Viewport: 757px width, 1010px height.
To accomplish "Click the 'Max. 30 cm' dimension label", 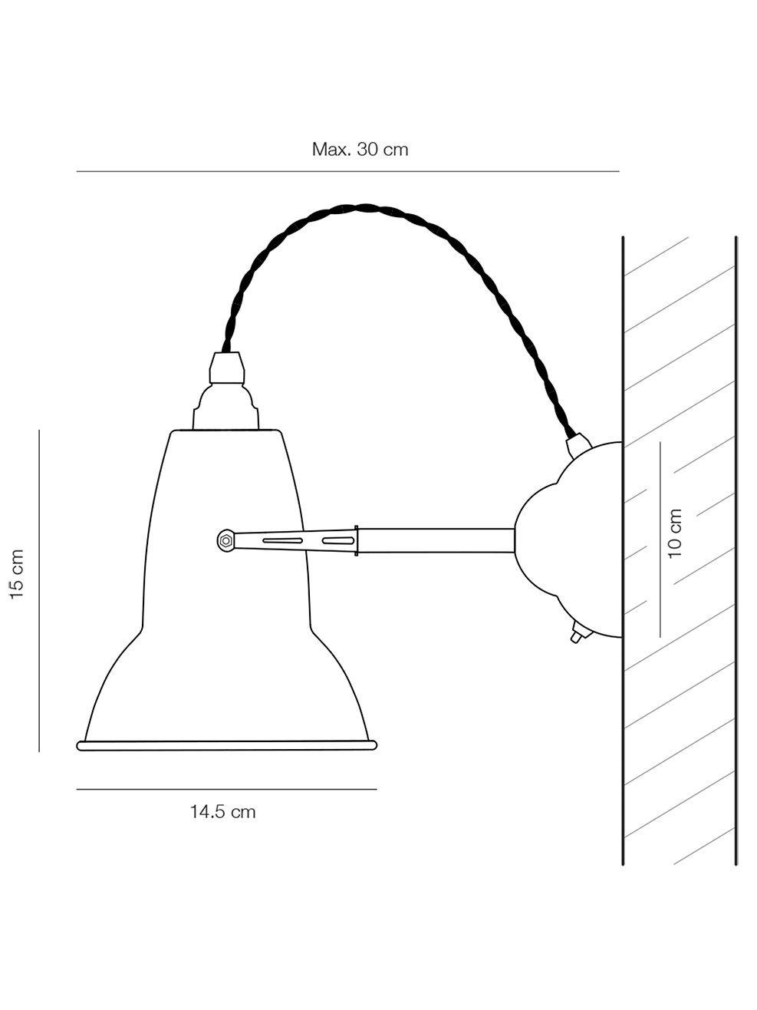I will pos(360,150).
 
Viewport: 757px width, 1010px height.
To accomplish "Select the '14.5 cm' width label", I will pos(223,811).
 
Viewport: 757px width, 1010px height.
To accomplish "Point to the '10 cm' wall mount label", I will pos(675,533).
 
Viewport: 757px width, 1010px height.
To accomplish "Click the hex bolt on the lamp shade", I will pos(225,540).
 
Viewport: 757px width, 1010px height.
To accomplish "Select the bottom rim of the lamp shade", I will pos(227,744).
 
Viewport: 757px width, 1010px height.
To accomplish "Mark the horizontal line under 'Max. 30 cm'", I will pos(347,171).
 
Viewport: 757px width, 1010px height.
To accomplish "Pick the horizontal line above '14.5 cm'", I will pos(227,789).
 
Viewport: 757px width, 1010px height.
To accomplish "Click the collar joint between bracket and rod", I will pos(357,540).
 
